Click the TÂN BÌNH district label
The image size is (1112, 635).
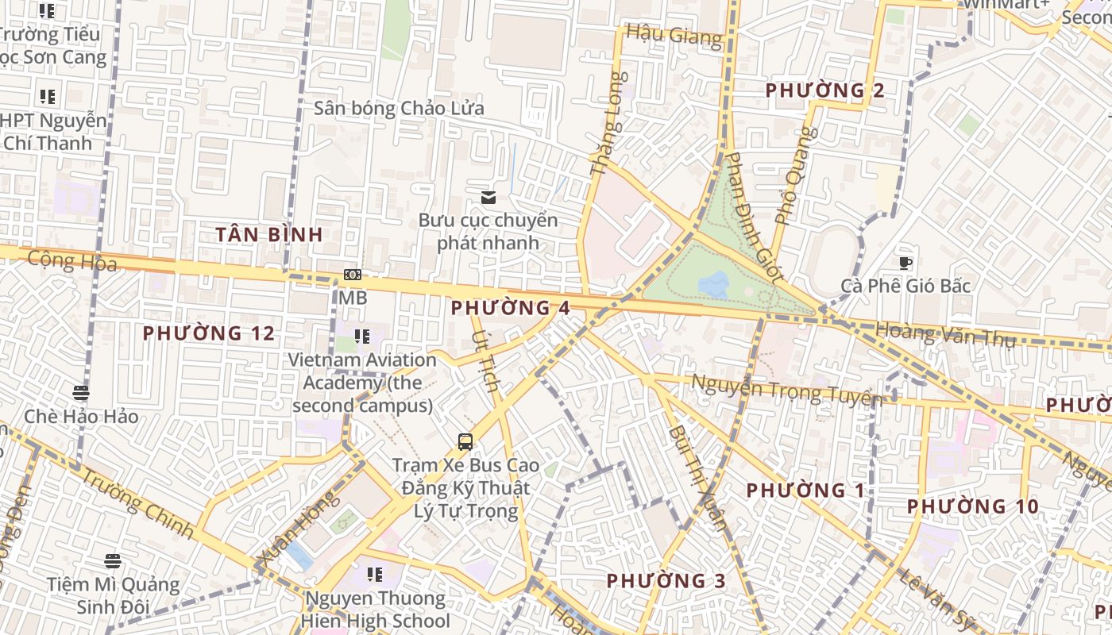(x=270, y=234)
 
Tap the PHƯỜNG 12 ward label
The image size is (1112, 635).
(x=209, y=333)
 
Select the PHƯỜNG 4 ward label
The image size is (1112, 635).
(x=511, y=308)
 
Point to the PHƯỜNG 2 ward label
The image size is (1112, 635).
(x=824, y=90)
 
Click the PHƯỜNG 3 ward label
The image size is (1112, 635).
(x=666, y=581)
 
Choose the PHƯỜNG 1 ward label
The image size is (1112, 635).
(x=805, y=491)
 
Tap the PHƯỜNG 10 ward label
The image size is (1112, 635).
(x=973, y=506)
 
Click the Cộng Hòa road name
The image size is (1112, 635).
(x=72, y=260)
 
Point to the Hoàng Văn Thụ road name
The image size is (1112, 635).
(x=945, y=333)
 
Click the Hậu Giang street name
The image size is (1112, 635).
(x=674, y=35)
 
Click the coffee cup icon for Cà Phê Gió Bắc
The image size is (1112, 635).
(x=905, y=263)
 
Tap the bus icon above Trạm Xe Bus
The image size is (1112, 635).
(x=465, y=442)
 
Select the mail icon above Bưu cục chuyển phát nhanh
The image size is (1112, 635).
(x=488, y=197)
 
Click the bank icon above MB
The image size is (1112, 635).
(x=353, y=275)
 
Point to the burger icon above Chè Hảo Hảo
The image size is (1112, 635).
(x=80, y=393)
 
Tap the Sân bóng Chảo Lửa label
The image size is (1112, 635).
(x=399, y=108)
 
